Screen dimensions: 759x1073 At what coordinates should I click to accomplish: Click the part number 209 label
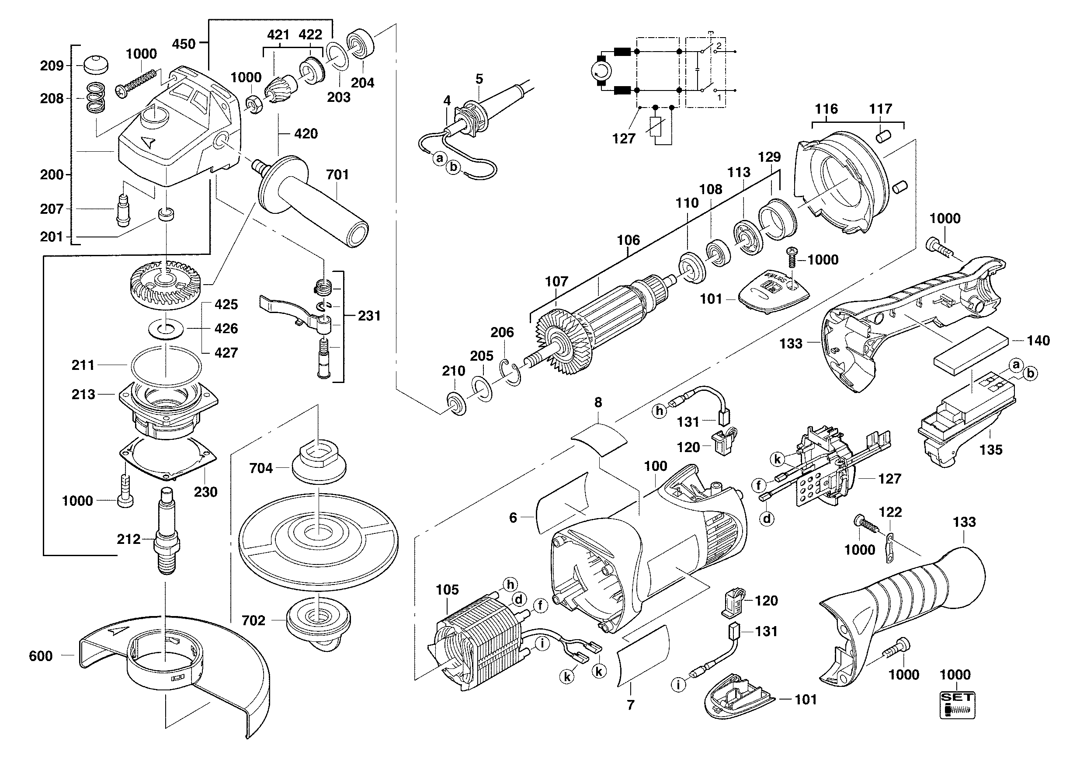pyautogui.click(x=52, y=66)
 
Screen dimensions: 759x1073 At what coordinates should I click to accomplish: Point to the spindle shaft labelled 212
pyautogui.click(x=167, y=537)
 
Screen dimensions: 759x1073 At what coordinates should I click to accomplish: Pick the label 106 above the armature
pyautogui.click(x=628, y=240)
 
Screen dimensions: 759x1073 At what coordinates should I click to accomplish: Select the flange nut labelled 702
pyautogui.click(x=318, y=619)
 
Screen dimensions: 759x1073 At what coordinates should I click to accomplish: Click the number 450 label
pyautogui.click(x=184, y=44)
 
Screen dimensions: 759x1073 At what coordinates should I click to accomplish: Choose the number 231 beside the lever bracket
pyautogui.click(x=369, y=316)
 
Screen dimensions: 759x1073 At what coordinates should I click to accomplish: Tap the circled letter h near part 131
pyautogui.click(x=660, y=411)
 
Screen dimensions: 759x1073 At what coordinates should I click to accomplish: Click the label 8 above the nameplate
pyautogui.click(x=598, y=402)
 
